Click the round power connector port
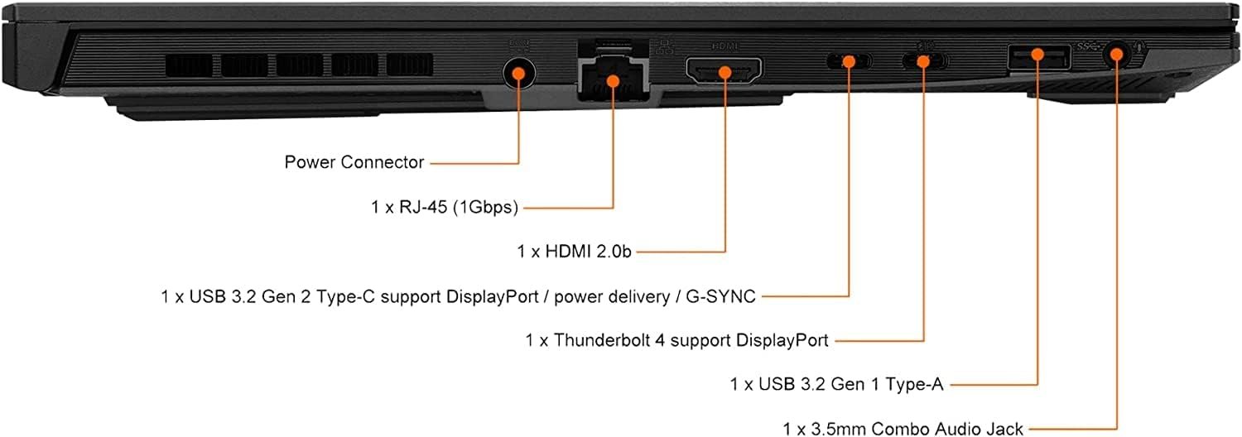click(519, 73)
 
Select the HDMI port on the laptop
click(724, 71)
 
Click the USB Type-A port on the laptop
click(1038, 56)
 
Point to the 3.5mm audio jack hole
click(1116, 55)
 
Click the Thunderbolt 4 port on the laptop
click(924, 60)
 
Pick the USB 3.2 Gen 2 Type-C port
click(849, 60)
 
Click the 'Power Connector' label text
click(354, 162)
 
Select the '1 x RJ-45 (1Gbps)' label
click(445, 207)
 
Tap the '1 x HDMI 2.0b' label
click(575, 252)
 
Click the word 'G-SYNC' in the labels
click(721, 296)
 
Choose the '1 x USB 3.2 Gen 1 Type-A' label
click(836, 384)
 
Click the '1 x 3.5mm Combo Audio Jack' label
click(903, 429)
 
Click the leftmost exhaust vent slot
click(189, 65)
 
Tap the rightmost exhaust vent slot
click(409, 65)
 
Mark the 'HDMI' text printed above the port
click(724, 46)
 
